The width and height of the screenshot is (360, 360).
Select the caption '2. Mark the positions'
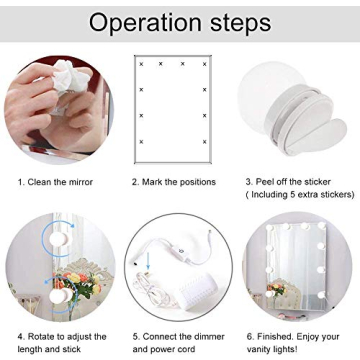[x=176, y=183]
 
